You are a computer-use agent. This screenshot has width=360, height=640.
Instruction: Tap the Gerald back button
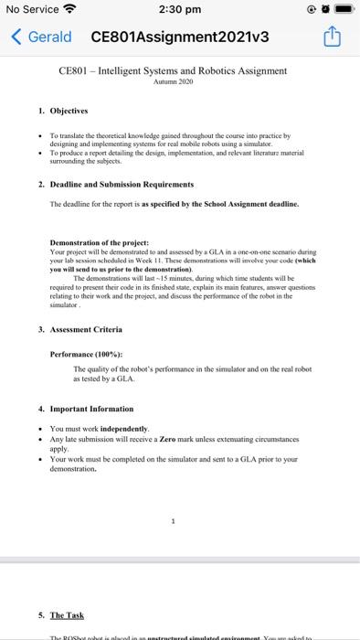[41, 37]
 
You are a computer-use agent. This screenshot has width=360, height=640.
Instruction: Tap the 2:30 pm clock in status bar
[179, 10]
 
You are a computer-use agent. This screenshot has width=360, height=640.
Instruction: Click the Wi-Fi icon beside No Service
[69, 10]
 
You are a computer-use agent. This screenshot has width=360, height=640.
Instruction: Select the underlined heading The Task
[67, 615]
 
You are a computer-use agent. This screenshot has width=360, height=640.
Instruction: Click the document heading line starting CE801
[173, 70]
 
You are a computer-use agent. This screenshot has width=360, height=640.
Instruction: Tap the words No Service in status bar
[30, 10]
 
